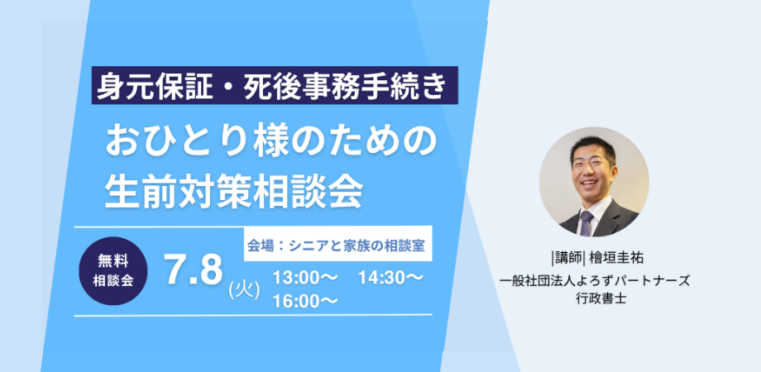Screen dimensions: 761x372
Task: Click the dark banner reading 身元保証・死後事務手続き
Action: [x=275, y=85]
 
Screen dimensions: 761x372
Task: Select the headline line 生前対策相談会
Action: [x=234, y=191]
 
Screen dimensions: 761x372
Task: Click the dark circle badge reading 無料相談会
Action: [x=113, y=271]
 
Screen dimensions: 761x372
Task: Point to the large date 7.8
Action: [x=194, y=270]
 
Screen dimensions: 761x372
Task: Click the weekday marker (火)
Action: [x=244, y=290]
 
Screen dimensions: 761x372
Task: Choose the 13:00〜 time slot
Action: [x=304, y=279]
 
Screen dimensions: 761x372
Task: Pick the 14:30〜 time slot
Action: [x=390, y=279]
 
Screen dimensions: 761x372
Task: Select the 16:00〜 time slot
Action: [x=304, y=301]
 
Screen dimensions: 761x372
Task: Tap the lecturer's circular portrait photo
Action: [x=594, y=182]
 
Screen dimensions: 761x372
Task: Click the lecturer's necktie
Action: [x=586, y=224]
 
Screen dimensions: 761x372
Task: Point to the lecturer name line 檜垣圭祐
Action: [x=616, y=259]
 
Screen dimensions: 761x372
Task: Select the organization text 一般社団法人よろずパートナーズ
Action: [x=597, y=281]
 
